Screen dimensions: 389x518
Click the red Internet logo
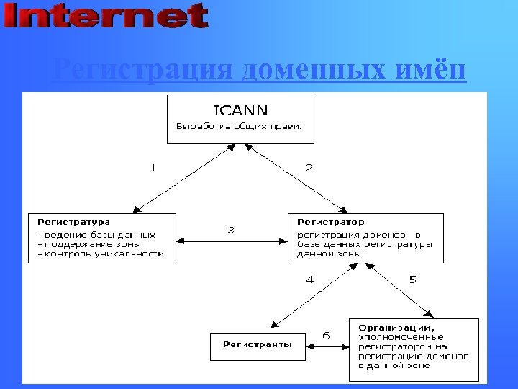click(x=106, y=16)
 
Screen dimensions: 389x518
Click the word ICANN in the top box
click(x=240, y=110)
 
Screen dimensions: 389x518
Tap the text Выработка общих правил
click(x=240, y=126)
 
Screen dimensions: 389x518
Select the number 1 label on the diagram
click(x=153, y=168)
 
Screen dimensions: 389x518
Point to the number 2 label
click(x=309, y=168)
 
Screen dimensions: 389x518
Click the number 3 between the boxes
click(x=231, y=230)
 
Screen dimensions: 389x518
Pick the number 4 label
click(x=310, y=280)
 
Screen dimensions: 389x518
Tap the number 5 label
click(x=412, y=280)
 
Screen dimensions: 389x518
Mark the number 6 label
click(x=326, y=336)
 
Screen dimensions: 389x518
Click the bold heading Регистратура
click(x=73, y=222)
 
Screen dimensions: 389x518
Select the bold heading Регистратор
click(x=331, y=222)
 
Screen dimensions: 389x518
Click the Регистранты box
click(x=257, y=345)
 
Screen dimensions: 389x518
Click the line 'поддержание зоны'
click(x=89, y=243)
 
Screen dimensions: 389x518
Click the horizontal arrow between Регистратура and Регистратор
click(x=232, y=241)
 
